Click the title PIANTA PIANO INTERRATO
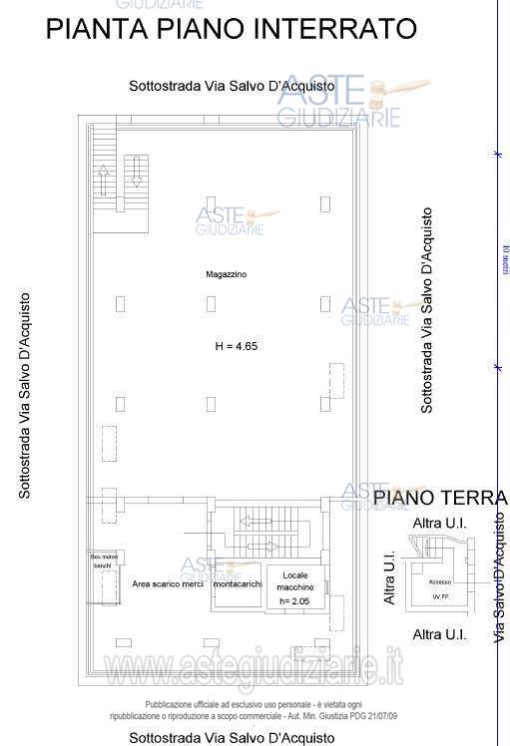(232, 29)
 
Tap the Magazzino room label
(227, 273)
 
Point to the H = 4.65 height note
(237, 346)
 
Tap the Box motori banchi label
(103, 560)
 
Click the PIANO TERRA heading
(440, 497)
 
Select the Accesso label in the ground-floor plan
(439, 581)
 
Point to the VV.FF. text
(439, 597)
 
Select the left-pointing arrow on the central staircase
(254, 521)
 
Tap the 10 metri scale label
(506, 261)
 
